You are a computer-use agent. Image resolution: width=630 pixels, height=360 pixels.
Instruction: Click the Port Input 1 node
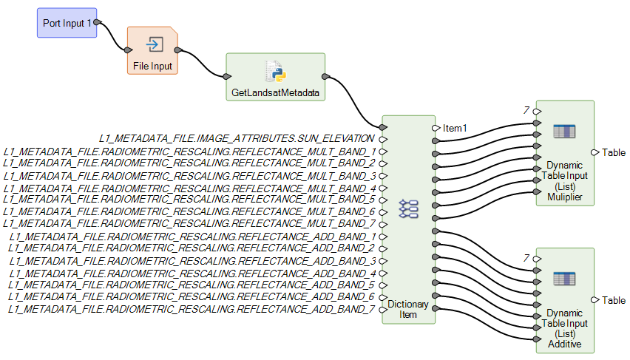67,23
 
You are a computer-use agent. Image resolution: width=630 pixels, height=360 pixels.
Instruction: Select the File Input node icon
154,45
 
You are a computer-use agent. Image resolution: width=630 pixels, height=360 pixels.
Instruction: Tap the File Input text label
152,66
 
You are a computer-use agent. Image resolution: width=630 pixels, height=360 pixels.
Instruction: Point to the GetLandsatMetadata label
274,94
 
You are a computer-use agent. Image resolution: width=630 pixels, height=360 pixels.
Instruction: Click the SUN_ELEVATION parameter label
237,138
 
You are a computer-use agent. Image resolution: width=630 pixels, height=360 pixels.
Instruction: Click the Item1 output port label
455,128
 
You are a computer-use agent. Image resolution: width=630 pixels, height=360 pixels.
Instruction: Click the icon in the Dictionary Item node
408,209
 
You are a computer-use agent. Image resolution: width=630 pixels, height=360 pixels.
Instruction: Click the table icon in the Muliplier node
564,132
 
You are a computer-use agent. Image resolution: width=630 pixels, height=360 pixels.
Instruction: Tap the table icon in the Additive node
564,279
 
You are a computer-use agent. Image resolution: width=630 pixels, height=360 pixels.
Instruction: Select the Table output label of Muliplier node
613,152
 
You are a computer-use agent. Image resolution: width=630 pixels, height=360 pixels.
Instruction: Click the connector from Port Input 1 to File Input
113,37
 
